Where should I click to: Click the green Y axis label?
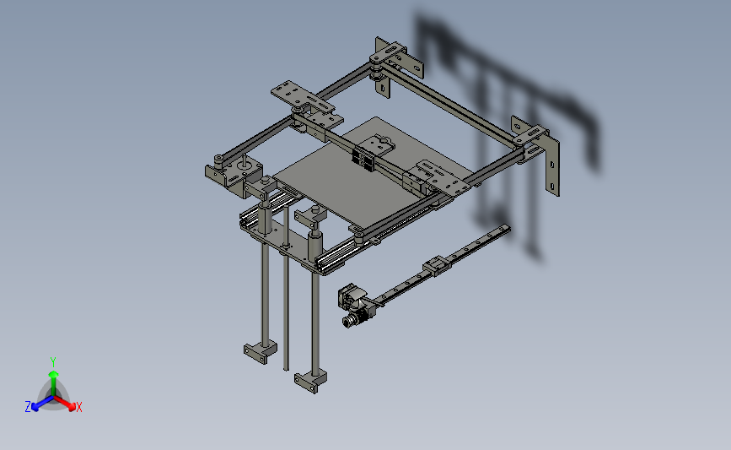pyautogui.click(x=53, y=361)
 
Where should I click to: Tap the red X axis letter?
pyautogui.click(x=78, y=408)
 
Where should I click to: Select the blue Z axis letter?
pyautogui.click(x=28, y=407)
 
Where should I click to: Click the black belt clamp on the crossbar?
pyautogui.click(x=365, y=158)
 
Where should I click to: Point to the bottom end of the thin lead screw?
pyautogui.click(x=285, y=368)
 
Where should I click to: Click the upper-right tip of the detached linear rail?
pyautogui.click(x=506, y=227)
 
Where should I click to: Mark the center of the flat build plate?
pyautogui.click(x=346, y=182)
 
